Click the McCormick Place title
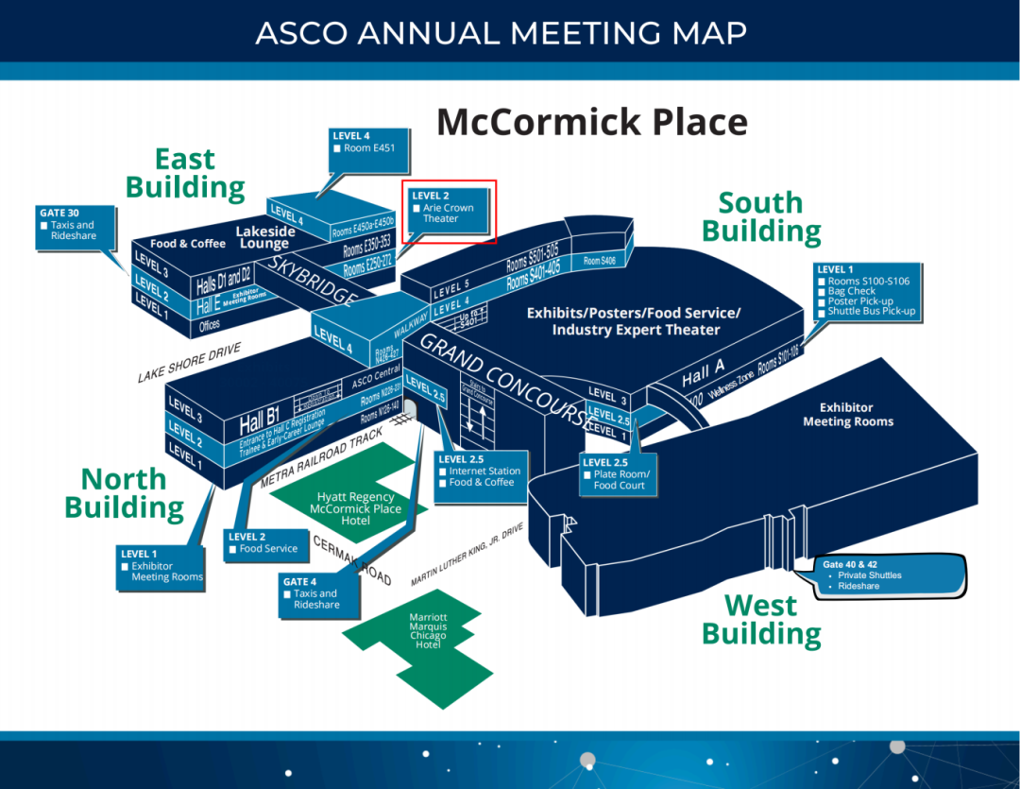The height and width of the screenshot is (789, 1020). point(591,122)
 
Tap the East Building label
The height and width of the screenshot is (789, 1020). point(185,173)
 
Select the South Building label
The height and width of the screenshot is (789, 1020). point(761,216)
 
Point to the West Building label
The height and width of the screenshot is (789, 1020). point(761,619)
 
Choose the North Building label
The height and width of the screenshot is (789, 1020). point(124,493)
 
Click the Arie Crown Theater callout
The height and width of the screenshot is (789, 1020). point(448,209)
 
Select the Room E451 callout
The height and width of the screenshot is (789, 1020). point(368,144)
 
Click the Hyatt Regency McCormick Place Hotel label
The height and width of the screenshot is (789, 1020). point(356,508)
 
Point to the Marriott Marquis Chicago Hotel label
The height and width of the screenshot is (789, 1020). point(428,630)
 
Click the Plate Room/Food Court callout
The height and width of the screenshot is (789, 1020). point(618,474)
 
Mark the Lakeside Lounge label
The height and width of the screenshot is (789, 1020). point(264,237)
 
